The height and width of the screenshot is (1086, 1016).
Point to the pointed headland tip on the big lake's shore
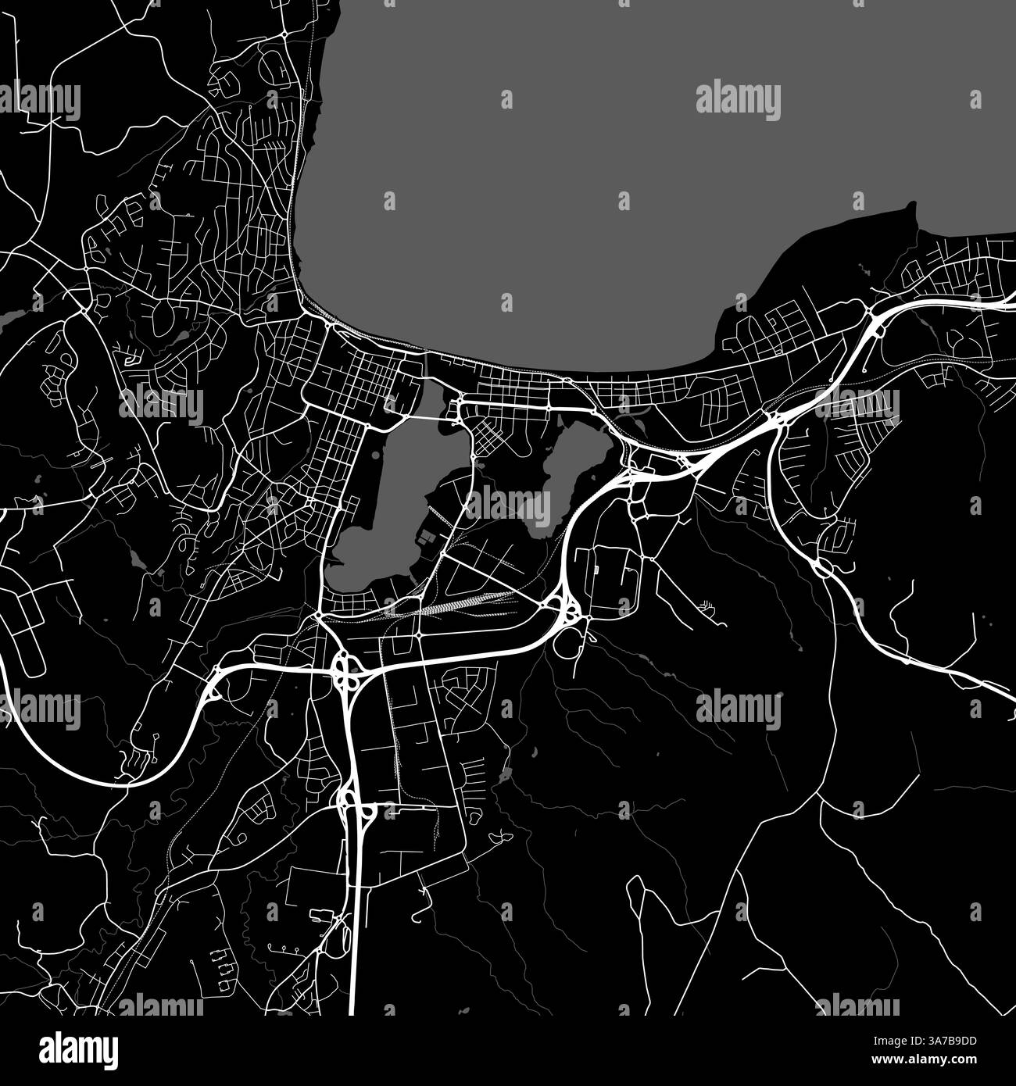coord(911,206)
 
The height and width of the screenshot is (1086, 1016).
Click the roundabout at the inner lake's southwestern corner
coord(320,618)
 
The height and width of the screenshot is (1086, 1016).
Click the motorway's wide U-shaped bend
coord(47,750)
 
